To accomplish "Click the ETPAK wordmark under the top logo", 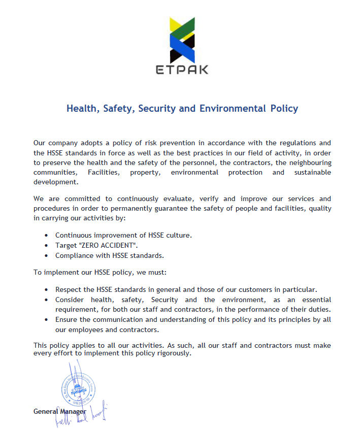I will coord(182,70).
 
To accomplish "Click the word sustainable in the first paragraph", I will coord(310,172).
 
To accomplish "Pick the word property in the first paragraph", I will coord(144,172).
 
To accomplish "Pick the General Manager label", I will coord(60,411).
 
